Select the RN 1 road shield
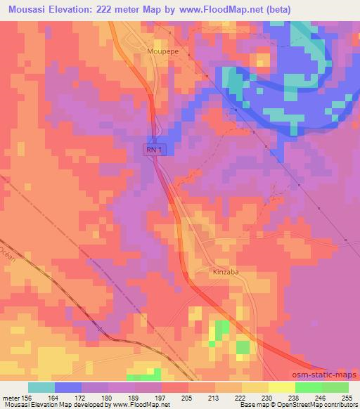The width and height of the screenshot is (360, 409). click(153, 149)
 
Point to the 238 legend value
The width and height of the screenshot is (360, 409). click(294, 398)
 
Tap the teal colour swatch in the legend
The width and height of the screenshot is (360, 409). click(41, 387)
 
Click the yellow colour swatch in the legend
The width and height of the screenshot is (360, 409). click(282, 387)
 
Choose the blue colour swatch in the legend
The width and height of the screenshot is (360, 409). click(68, 387)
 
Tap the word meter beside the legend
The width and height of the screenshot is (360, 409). click(9, 398)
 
